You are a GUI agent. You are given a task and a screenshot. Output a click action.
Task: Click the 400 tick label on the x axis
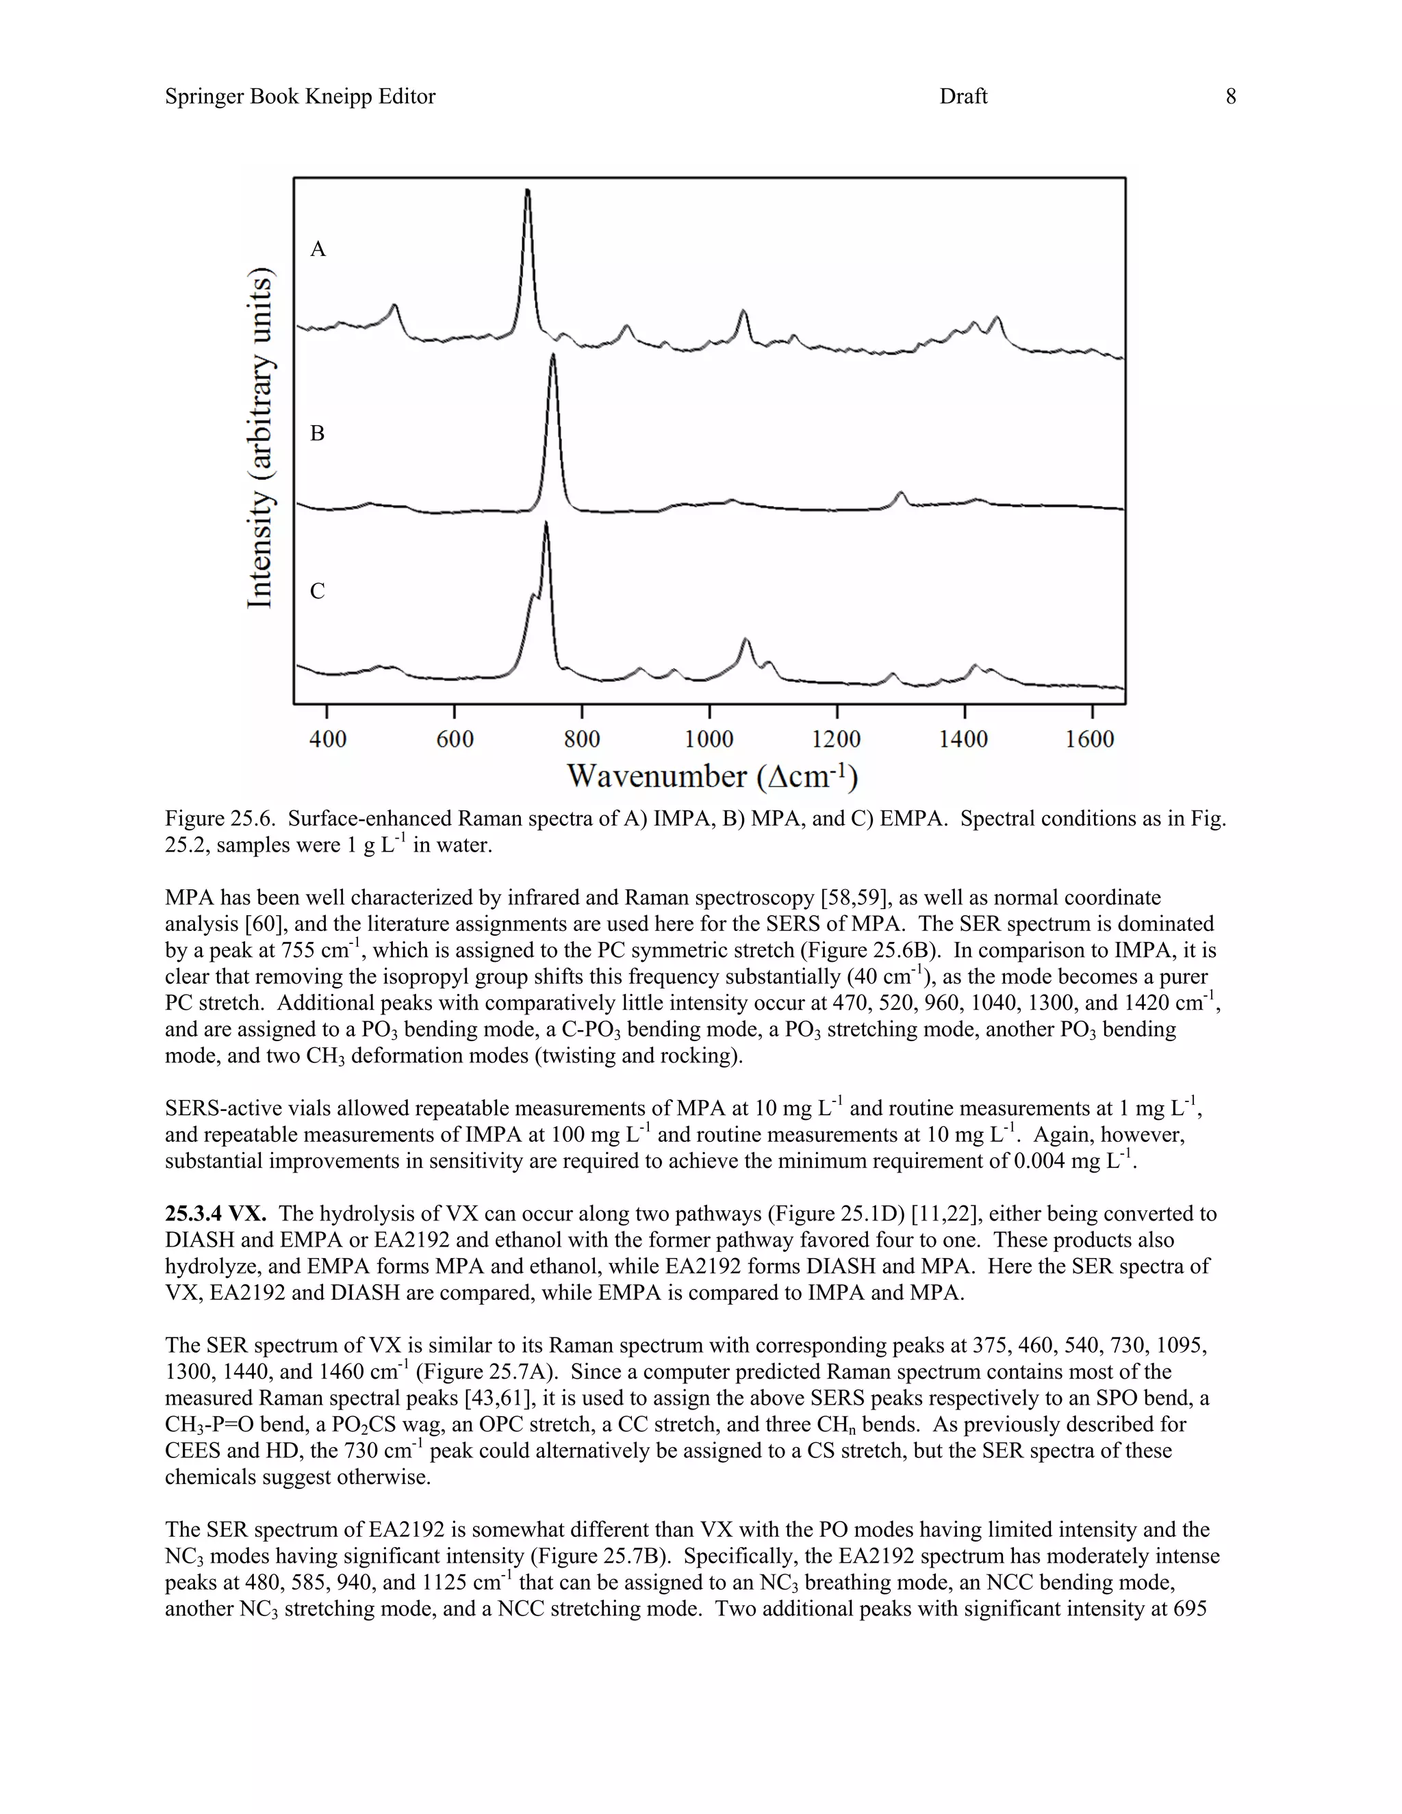coord(327,739)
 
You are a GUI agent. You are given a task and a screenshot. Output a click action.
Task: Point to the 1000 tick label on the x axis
coord(709,739)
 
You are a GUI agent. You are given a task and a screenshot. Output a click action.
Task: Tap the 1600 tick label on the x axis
coord(1090,739)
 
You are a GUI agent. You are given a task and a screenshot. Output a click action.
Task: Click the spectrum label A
coord(317,249)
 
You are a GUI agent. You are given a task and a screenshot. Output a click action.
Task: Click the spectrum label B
coord(317,433)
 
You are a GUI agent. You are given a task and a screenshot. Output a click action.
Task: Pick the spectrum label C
coord(317,591)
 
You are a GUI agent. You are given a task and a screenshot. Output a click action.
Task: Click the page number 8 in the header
coord(1230,97)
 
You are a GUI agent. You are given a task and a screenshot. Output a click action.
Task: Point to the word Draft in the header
coord(963,97)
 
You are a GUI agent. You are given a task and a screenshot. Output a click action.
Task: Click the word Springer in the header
coord(204,97)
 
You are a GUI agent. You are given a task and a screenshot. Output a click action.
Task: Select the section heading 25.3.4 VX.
coord(215,1214)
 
